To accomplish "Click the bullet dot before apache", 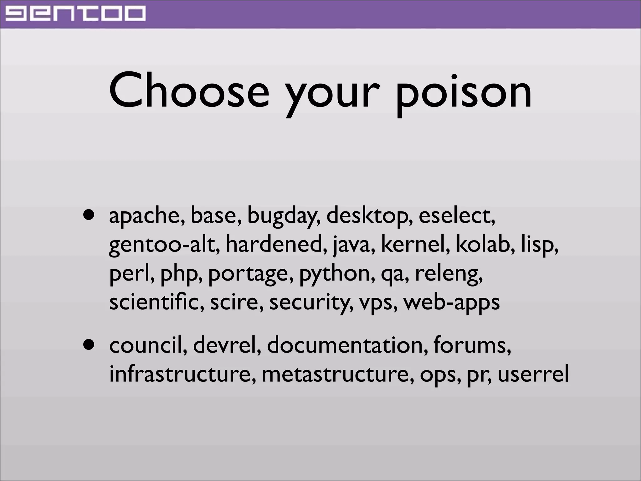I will [x=89, y=216].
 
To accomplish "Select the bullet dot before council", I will [x=89, y=345].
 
